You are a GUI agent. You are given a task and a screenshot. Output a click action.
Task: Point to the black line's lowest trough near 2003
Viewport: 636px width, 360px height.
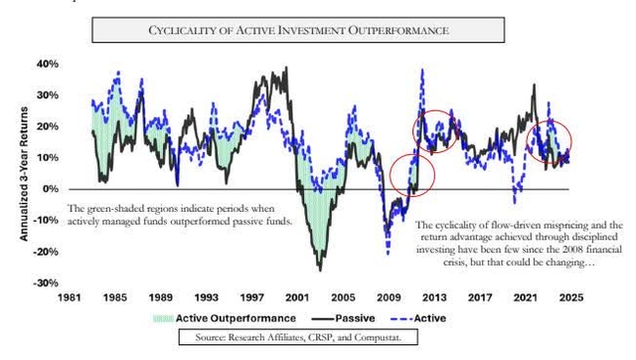pos(320,270)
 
